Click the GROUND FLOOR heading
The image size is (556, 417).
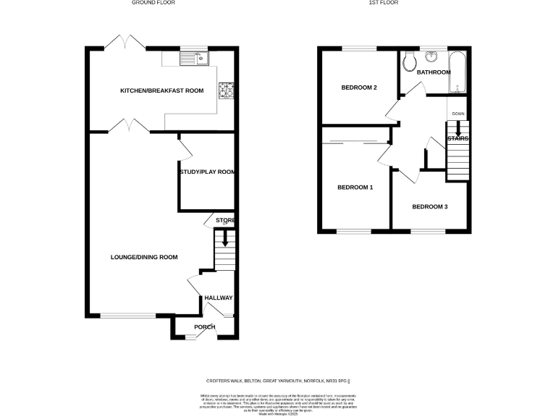click(x=153, y=3)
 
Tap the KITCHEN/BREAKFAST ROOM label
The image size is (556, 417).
click(x=161, y=90)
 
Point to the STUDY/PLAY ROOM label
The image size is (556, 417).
click(x=207, y=172)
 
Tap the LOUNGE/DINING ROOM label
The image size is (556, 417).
click(x=144, y=257)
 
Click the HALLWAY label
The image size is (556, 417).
click(x=218, y=298)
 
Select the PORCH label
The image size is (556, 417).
click(x=204, y=327)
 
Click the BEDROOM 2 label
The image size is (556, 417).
click(x=359, y=88)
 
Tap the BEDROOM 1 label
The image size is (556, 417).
click(x=355, y=188)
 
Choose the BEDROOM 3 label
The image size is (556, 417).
click(x=429, y=207)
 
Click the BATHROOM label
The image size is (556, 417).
click(x=433, y=72)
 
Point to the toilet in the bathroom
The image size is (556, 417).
click(x=409, y=62)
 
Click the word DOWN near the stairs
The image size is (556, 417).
click(x=458, y=114)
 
